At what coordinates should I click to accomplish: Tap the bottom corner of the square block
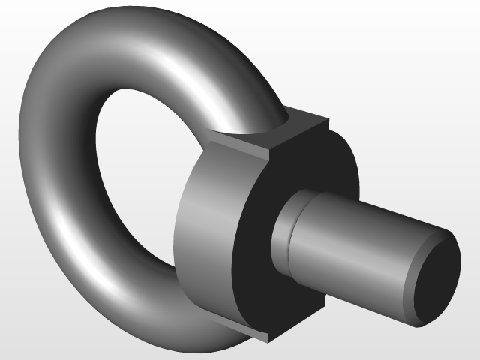264,335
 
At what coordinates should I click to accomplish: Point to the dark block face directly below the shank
300,300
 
